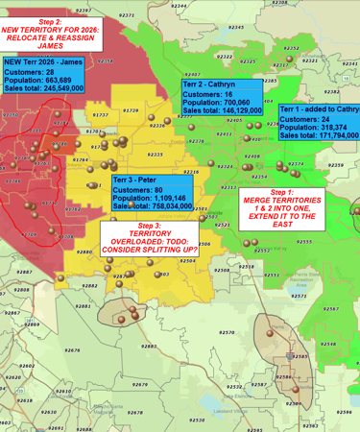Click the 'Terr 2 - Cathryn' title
(208, 84)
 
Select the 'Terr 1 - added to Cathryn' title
(320, 109)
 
